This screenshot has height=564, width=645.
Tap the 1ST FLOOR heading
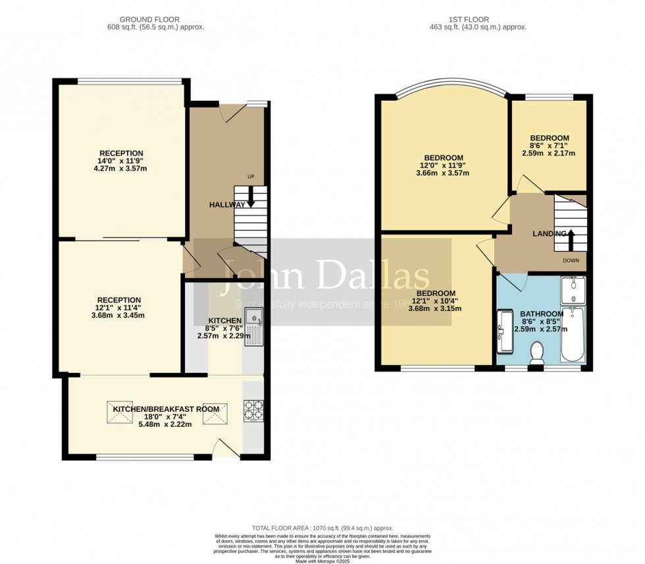478,20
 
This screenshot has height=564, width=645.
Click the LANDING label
550,233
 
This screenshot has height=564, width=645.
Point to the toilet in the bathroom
538,352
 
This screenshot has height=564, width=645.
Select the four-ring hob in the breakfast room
252,410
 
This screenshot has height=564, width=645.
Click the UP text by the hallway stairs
251,177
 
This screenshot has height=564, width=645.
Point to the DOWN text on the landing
571,260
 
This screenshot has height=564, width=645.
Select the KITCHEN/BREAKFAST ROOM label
166,409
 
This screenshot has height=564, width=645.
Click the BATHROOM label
541,314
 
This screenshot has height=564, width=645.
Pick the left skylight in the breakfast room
117,413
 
